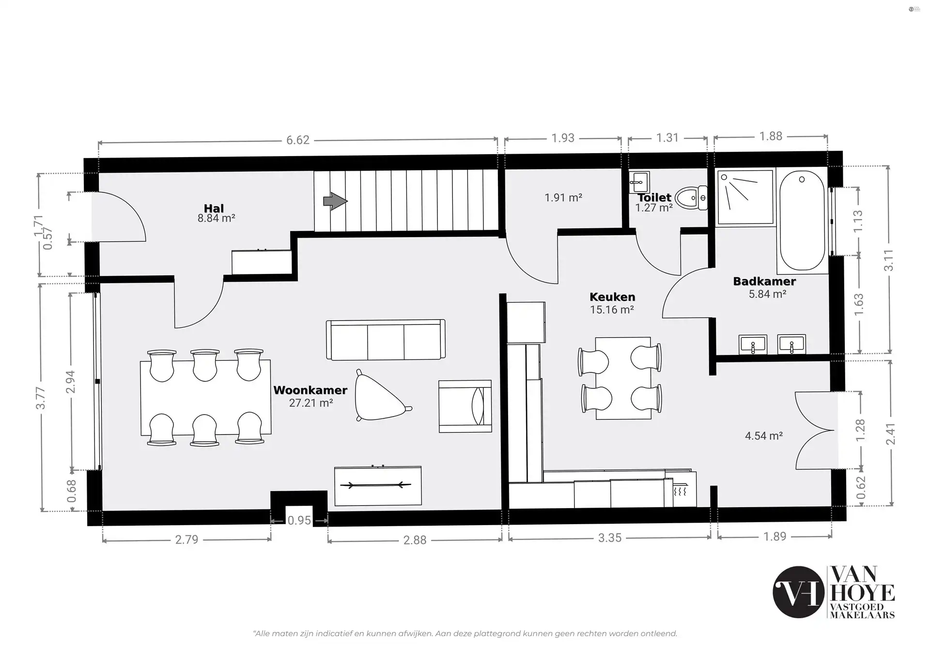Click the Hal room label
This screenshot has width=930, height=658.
click(x=214, y=209)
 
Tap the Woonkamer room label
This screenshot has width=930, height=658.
click(x=310, y=390)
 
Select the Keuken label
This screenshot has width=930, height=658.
click(x=612, y=297)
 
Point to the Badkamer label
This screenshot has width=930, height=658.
click(x=764, y=281)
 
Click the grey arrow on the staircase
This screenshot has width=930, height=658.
click(x=335, y=201)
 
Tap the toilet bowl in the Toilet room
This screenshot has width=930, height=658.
click(x=691, y=198)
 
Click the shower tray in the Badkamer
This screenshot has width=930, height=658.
click(x=745, y=197)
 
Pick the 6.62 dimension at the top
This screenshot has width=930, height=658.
click(x=297, y=140)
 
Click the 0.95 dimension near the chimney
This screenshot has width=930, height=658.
click(x=299, y=521)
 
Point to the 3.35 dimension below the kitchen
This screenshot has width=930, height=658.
click(x=609, y=538)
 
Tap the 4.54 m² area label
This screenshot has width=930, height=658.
click(x=764, y=436)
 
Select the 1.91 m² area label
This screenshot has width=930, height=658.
click(x=563, y=198)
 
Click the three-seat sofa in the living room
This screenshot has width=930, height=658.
click(x=386, y=340)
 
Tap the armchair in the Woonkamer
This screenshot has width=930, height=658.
click(x=465, y=406)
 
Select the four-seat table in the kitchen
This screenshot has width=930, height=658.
click(x=622, y=379)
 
